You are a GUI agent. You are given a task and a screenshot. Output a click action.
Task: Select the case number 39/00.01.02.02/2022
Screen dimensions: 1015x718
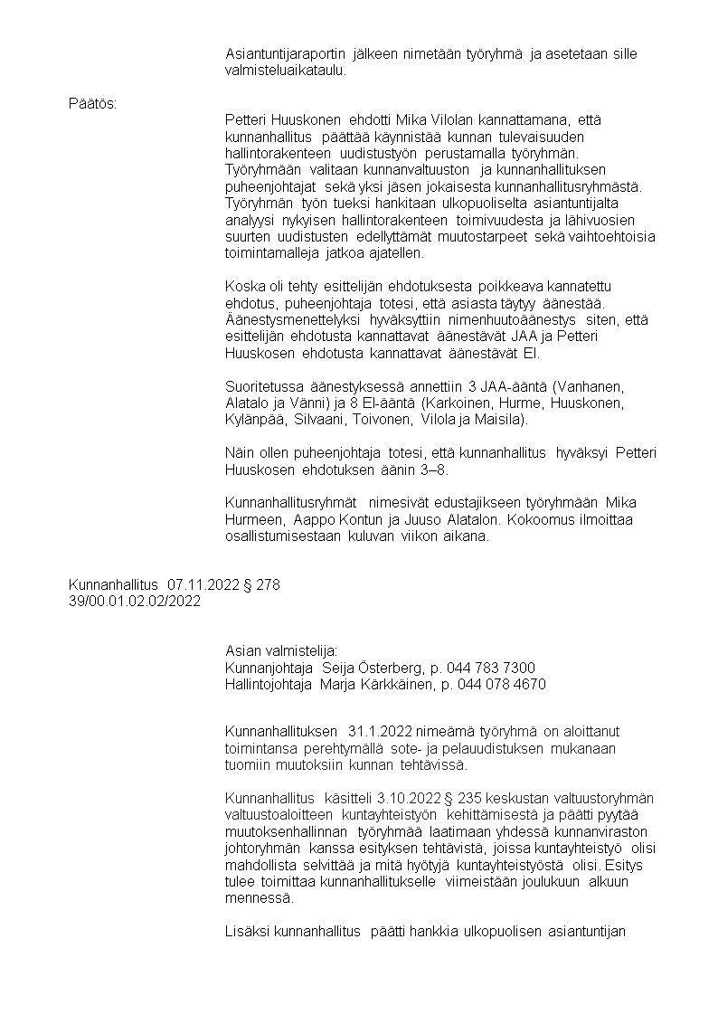(x=136, y=602)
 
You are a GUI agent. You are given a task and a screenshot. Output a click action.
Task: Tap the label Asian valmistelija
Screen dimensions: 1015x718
(x=281, y=651)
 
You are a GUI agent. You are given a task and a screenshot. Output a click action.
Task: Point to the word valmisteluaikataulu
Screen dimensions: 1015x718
(x=284, y=70)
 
